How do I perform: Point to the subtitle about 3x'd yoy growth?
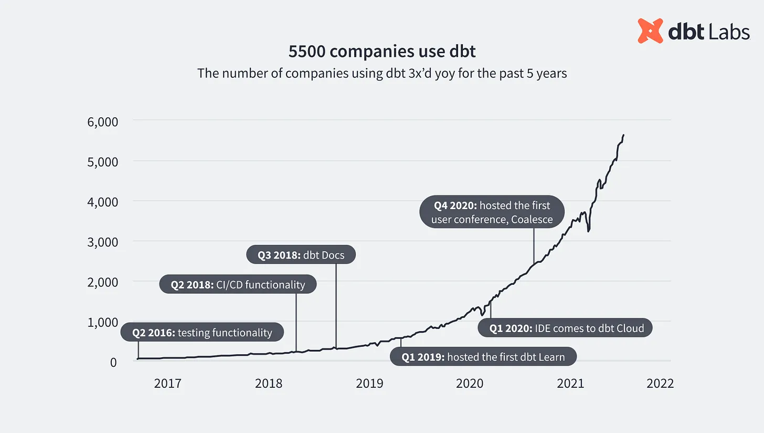point(382,73)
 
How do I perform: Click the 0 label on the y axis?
point(113,362)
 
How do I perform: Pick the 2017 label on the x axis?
point(167,383)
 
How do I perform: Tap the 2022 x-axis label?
point(660,383)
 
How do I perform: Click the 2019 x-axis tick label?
point(369,383)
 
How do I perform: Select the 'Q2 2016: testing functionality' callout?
point(202,332)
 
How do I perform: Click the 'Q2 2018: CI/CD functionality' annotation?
point(238,285)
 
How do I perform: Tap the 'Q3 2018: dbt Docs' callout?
point(301,255)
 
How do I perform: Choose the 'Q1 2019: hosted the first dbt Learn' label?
point(483,357)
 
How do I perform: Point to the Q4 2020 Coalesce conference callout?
point(492,212)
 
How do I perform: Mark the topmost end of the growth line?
point(623,135)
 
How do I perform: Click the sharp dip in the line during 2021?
point(589,230)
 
